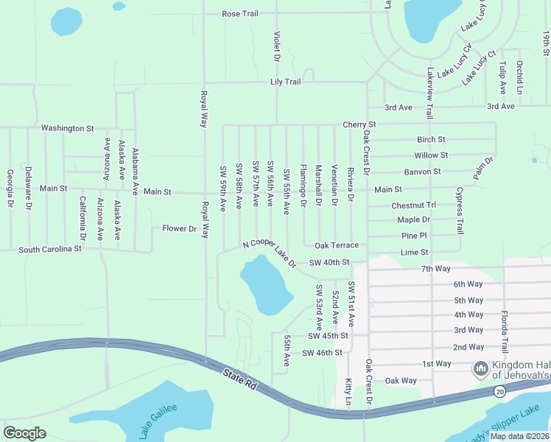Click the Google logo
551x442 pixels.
coord(24,432)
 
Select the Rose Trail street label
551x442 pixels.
coord(241,14)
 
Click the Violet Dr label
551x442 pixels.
coord(278,46)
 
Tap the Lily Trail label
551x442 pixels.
coord(286,82)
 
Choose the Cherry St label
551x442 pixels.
coord(359,124)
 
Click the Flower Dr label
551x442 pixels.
coord(180,228)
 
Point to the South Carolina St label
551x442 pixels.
coord(50,250)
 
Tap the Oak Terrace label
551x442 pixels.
coord(336,245)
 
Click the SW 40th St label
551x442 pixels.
coord(329,262)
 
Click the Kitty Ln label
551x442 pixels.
coord(348,390)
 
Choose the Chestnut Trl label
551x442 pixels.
coord(414,206)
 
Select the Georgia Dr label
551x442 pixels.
coord(10,187)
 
